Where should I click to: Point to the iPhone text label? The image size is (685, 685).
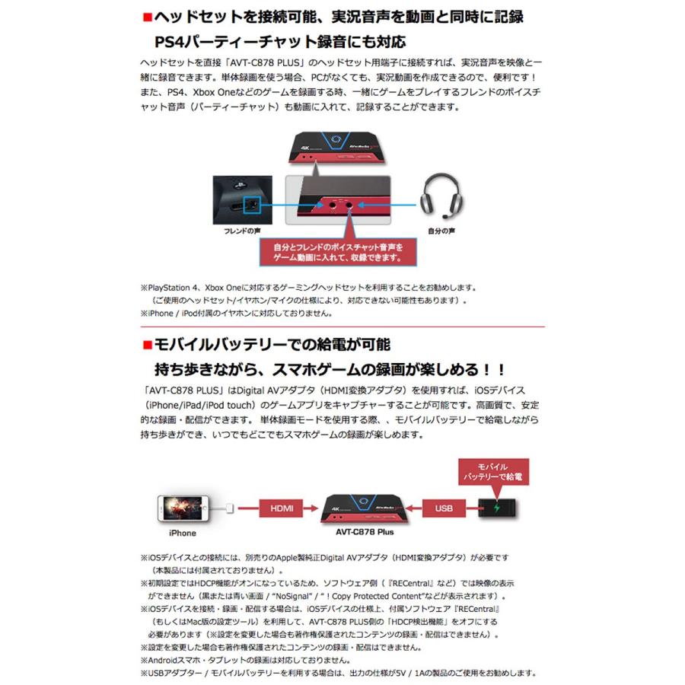pos(182,534)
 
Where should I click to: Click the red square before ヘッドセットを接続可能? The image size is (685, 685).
pos(148,14)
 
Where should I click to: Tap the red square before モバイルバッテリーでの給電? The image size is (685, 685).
pos(148,346)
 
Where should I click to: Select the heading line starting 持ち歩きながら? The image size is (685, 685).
pos(329,371)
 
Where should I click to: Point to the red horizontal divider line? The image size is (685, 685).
pos(342,326)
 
